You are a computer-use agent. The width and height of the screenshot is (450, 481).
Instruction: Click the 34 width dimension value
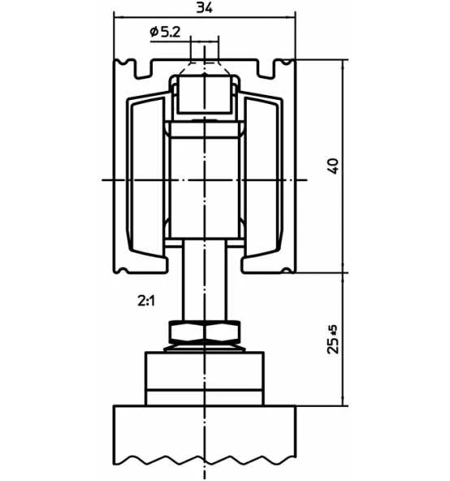(204, 7)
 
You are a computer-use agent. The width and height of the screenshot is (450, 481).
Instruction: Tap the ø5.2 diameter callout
(165, 32)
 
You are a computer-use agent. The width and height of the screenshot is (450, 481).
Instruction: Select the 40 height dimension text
(333, 166)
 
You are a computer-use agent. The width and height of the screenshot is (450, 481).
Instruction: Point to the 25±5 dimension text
(333, 340)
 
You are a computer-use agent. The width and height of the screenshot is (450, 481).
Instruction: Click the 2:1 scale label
(146, 301)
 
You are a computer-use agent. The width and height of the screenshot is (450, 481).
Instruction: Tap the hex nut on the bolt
(205, 331)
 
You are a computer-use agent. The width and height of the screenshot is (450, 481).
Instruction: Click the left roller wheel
(146, 178)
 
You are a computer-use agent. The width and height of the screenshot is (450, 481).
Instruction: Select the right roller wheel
(263, 178)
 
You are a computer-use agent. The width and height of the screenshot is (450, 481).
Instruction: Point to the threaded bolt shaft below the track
(205, 280)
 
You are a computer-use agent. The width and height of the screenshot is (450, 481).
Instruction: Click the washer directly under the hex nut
(205, 348)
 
